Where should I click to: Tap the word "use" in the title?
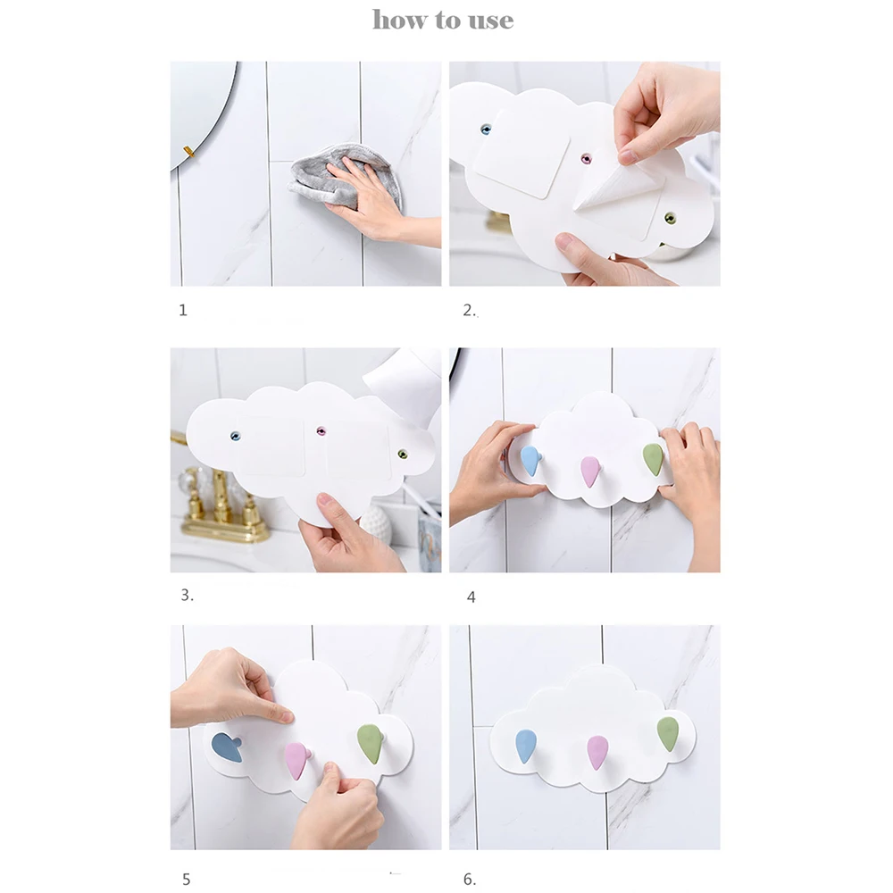pyautogui.click(x=491, y=21)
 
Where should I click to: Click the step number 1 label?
pyautogui.click(x=183, y=310)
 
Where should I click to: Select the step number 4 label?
pyautogui.click(x=471, y=597)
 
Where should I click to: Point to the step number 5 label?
pyautogui.click(x=187, y=879)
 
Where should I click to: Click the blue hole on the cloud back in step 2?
pyautogui.click(x=486, y=129)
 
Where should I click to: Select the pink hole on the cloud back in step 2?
pyautogui.click(x=586, y=158)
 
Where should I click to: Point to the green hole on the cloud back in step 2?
pyautogui.click(x=670, y=218)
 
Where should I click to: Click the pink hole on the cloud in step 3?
pyautogui.click(x=321, y=430)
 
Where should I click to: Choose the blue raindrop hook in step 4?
pyautogui.click(x=530, y=460)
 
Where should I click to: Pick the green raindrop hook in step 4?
pyautogui.click(x=654, y=459)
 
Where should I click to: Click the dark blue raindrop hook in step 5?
pyautogui.click(x=227, y=747)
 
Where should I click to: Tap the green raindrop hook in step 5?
pyautogui.click(x=370, y=744)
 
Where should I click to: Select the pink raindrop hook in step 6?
pyautogui.click(x=597, y=752)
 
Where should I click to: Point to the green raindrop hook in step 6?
pyautogui.click(x=668, y=734)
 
